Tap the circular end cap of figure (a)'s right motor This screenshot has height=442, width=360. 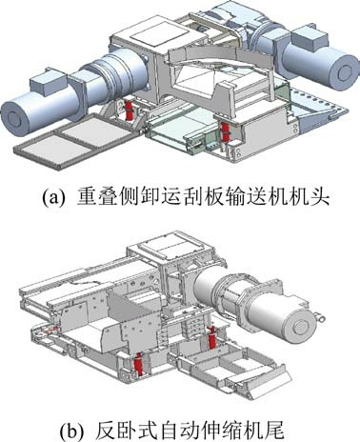point(343,72)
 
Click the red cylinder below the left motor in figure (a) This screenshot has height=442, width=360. point(130,110)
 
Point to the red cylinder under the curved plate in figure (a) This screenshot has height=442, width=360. point(225,131)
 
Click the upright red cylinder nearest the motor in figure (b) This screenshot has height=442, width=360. point(211,336)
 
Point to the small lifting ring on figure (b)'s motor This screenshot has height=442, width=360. point(318,316)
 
